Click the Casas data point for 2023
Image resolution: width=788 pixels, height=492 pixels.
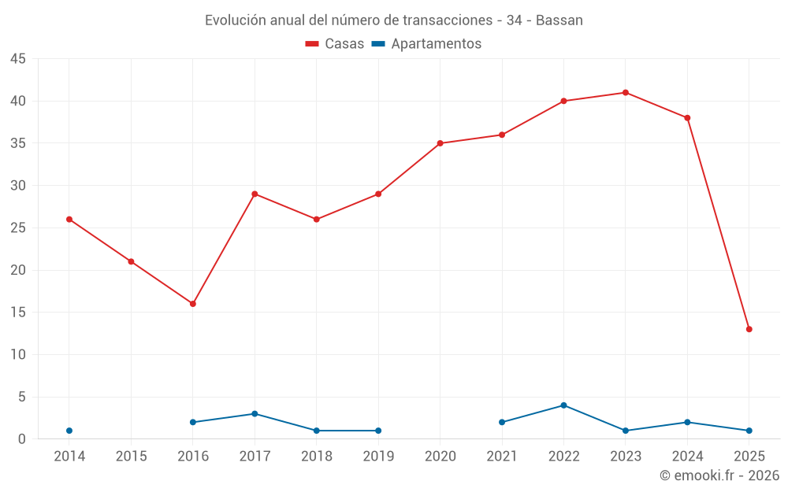click(626, 92)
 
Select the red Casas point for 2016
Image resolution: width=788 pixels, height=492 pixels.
click(193, 304)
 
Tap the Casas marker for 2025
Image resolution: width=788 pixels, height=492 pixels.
click(749, 329)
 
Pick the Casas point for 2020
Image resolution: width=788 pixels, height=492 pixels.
click(440, 143)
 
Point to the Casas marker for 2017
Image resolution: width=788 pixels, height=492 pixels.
click(255, 194)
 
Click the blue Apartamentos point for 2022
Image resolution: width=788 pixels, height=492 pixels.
click(563, 405)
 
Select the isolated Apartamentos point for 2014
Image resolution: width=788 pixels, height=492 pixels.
click(69, 431)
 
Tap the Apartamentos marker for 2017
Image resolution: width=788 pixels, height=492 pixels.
click(255, 414)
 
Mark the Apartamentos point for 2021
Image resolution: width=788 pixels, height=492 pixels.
click(502, 422)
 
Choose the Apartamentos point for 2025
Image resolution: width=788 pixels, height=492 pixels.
click(749, 431)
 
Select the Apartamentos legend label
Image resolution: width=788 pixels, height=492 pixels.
click(436, 44)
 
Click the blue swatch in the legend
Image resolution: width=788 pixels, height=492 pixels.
click(378, 44)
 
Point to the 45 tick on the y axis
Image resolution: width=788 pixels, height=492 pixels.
click(18, 59)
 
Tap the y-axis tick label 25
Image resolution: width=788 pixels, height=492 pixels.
click(18, 228)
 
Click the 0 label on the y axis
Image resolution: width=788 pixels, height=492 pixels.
click(22, 439)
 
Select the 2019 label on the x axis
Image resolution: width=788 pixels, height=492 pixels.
click(378, 457)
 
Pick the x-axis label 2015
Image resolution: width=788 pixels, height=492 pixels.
click(131, 457)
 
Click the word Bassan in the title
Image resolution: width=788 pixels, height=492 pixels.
click(559, 20)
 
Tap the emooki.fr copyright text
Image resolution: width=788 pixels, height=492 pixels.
click(719, 475)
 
